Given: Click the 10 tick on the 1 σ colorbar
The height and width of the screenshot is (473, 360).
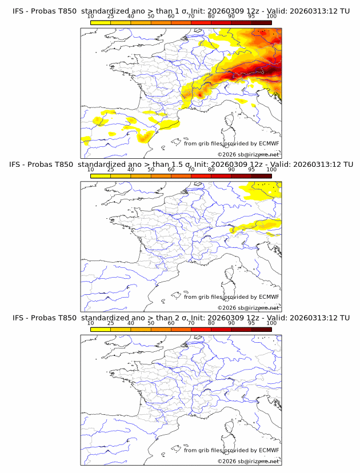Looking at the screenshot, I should pyautogui.click(x=91, y=17).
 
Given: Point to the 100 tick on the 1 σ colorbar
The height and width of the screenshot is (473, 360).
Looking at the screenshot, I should pyautogui.click(x=271, y=17).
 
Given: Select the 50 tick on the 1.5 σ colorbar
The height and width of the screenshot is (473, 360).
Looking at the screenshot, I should pyautogui.click(x=151, y=170).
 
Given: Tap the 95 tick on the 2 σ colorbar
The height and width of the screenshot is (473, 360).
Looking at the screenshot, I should pyautogui.click(x=251, y=323).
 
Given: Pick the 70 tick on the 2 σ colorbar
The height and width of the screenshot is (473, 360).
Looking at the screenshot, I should pyautogui.click(x=191, y=323).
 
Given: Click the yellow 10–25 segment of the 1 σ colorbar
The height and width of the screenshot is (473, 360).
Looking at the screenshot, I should pyautogui.click(x=101, y=23).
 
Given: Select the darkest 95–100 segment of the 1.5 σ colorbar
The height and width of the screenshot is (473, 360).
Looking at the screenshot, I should pyautogui.click(x=261, y=176).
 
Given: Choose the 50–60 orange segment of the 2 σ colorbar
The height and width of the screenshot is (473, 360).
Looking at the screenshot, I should pyautogui.click(x=161, y=330).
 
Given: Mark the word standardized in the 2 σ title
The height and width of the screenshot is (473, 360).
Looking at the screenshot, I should pyautogui.click(x=110, y=318).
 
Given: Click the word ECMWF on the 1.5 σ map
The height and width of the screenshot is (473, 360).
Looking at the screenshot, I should pyautogui.click(x=268, y=297).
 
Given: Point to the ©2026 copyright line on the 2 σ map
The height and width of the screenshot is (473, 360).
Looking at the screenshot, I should pyautogui.click(x=249, y=461).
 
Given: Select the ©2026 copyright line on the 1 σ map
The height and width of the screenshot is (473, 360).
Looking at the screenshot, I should pyautogui.click(x=249, y=154).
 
